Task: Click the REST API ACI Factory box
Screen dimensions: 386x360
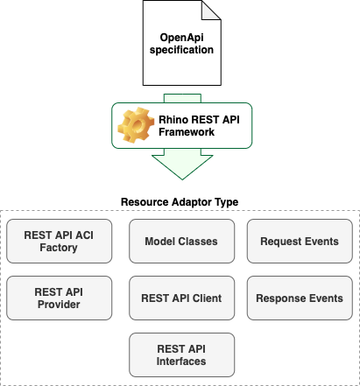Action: [x=59, y=241]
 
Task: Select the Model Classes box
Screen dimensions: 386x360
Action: [x=181, y=241]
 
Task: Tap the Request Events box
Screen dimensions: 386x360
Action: [x=300, y=241]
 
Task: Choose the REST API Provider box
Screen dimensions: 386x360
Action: [x=59, y=298]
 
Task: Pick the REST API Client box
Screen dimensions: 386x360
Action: [x=181, y=298]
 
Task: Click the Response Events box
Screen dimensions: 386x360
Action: [x=300, y=298]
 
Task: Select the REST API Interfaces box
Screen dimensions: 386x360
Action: [x=181, y=354]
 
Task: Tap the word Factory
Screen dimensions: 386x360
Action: [x=59, y=248]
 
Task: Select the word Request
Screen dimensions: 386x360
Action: [x=280, y=241]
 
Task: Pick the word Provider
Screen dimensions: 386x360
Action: [x=59, y=305]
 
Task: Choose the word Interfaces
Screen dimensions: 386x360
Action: [x=181, y=361]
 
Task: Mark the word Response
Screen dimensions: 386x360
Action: [x=279, y=298]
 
